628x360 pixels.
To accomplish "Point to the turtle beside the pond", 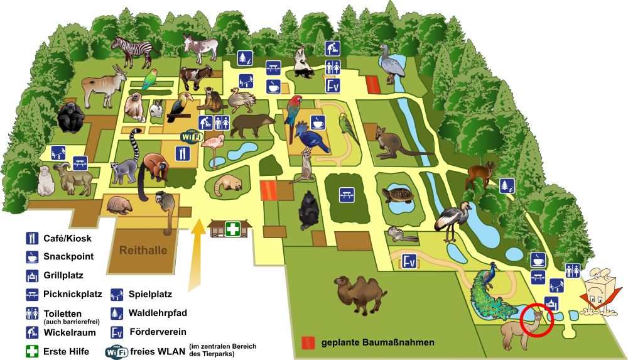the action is click(398, 195).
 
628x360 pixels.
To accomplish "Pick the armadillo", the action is click(119, 205).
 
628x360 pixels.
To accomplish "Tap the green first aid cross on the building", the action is click(232, 229).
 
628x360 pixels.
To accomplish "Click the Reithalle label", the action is click(143, 251).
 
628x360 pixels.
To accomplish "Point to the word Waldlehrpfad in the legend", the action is click(158, 313).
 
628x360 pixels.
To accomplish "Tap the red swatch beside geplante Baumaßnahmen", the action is click(308, 343).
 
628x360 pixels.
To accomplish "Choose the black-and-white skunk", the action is click(303, 62).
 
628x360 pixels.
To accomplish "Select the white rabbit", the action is click(156, 108).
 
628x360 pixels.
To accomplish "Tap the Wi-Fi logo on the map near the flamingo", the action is click(192, 136).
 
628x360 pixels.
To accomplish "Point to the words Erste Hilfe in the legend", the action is click(66, 352).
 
